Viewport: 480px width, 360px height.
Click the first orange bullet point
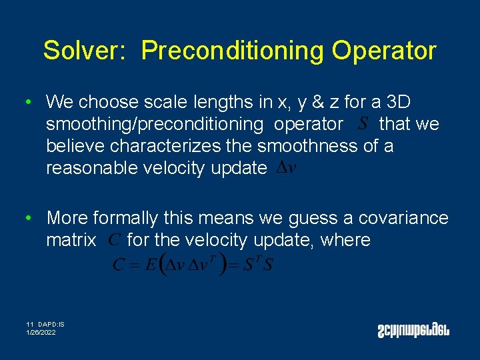(x=27, y=103)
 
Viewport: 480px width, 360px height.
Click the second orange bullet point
(x=27, y=218)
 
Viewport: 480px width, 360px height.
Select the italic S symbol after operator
(x=363, y=123)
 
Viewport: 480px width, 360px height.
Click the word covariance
(x=403, y=218)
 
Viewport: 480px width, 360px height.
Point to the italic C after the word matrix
(x=114, y=239)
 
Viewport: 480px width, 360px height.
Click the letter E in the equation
(x=151, y=264)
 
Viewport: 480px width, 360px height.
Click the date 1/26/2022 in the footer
(x=41, y=332)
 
